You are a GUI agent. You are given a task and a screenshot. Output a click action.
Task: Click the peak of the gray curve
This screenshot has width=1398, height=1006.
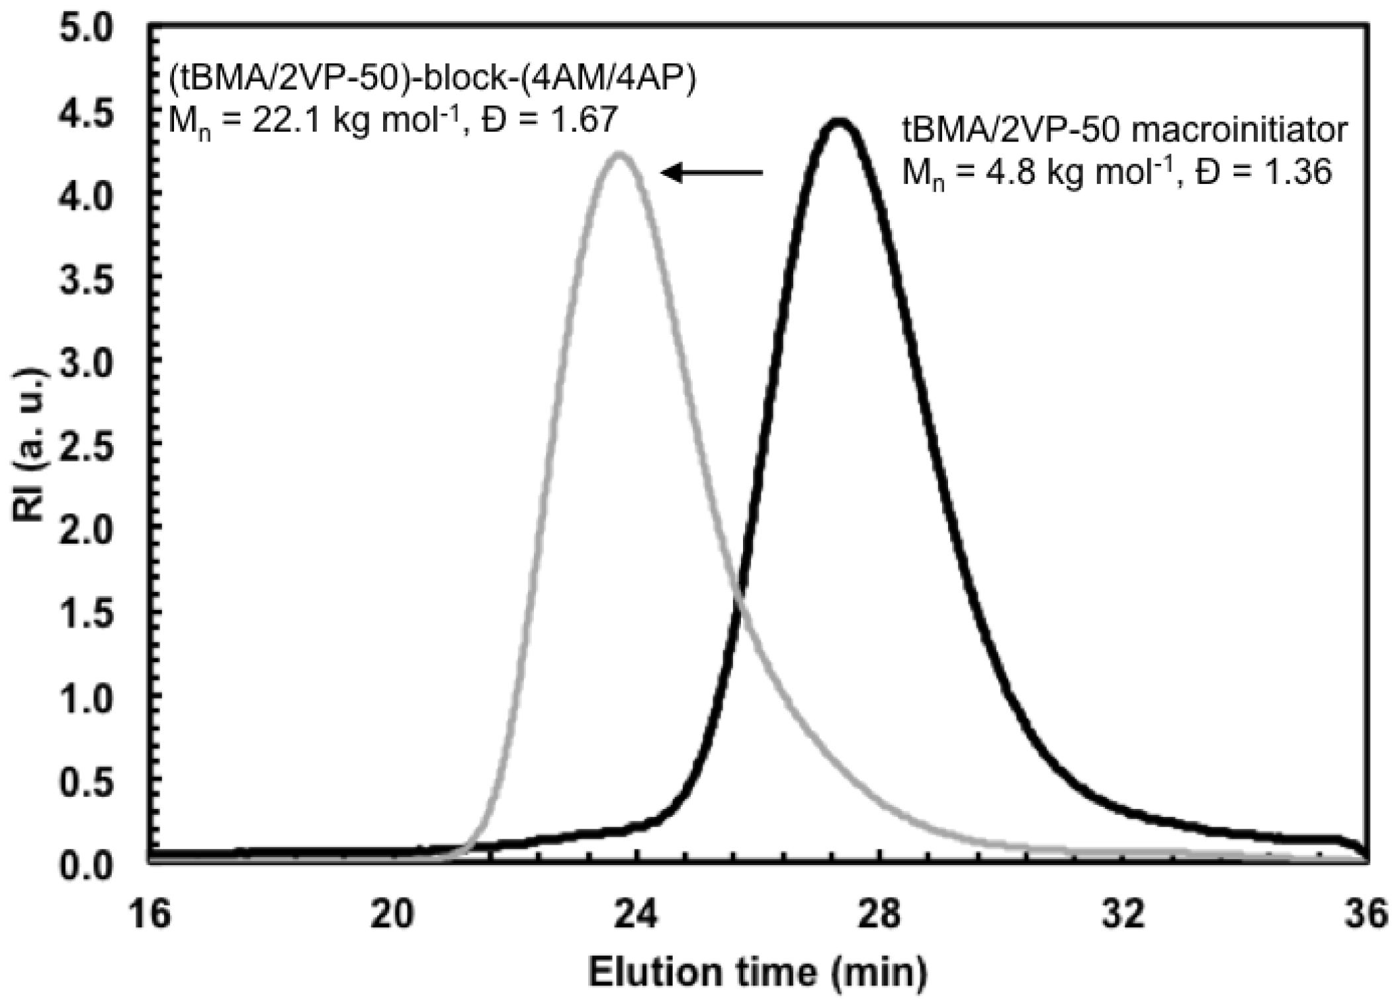tap(619, 155)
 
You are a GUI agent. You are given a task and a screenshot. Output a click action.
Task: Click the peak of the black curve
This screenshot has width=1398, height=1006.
tap(839, 122)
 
